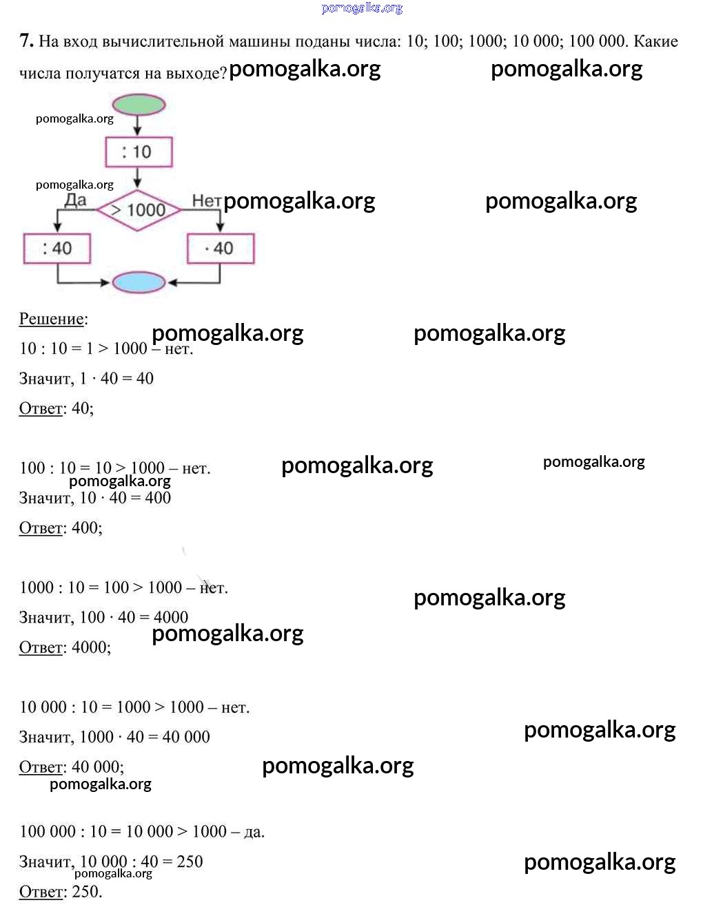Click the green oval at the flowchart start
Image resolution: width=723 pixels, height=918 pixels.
[x=139, y=105]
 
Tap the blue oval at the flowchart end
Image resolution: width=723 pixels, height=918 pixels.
[x=139, y=282]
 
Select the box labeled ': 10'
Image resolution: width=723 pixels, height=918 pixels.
[x=139, y=152]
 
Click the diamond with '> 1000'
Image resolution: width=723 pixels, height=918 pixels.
[x=139, y=209]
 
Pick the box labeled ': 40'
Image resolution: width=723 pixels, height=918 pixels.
[x=57, y=249]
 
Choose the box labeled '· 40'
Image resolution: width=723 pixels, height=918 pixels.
[x=221, y=249]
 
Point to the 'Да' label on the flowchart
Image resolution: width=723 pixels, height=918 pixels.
[x=75, y=200]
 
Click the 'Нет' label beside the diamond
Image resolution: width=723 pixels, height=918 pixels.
[x=206, y=200]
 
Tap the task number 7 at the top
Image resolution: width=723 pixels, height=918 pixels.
[x=26, y=41]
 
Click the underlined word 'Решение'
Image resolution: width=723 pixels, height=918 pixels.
[x=52, y=319]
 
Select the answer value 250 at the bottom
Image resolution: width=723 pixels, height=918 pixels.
[x=86, y=892]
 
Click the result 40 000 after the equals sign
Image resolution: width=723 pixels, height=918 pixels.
[x=186, y=737]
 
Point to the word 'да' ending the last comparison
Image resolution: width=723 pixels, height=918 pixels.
[x=254, y=832]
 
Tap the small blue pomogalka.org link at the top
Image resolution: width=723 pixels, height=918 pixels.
[x=362, y=8]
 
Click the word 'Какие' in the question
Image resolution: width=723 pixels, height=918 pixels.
[x=655, y=41]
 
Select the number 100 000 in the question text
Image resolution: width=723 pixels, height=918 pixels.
[x=597, y=41]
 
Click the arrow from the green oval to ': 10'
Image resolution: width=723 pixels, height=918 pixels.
[x=138, y=125]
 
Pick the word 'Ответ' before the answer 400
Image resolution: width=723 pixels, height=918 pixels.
[x=41, y=528]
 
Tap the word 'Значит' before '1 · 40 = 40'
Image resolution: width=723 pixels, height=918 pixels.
[x=45, y=379]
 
